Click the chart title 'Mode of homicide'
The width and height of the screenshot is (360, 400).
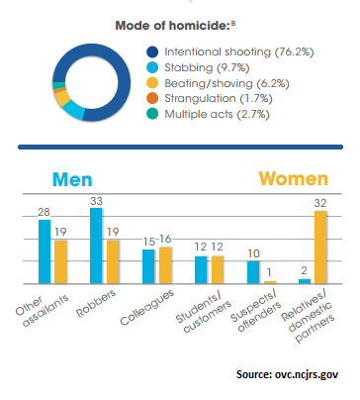pyautogui.click(x=174, y=22)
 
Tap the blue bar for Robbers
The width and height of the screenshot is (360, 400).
pyautogui.click(x=97, y=247)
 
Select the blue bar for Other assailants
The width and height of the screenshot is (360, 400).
pyautogui.click(x=45, y=251)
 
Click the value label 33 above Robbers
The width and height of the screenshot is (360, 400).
pyautogui.click(x=96, y=199)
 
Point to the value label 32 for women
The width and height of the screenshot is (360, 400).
pyautogui.click(x=320, y=202)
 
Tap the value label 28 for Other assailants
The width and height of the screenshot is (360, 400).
pyautogui.click(x=44, y=210)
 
